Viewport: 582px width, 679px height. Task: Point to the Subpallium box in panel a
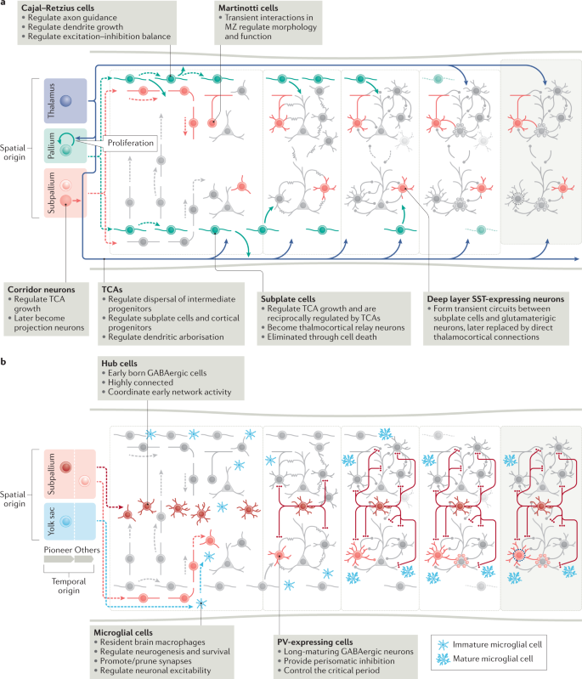coord(62,192)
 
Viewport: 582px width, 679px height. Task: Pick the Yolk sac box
coord(62,520)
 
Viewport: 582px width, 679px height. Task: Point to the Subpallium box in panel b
coord(62,472)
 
